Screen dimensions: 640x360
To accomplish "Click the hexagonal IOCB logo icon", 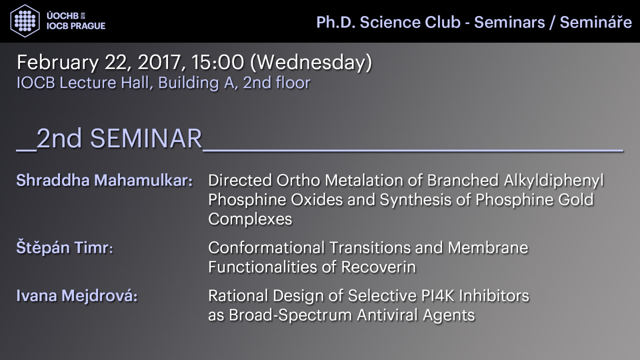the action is [25, 21].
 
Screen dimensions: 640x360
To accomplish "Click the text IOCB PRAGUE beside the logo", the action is [76, 26].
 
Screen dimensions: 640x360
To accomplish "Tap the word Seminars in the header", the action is [510, 22].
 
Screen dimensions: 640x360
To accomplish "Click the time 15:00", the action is [218, 62].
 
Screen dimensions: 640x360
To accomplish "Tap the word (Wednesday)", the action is [311, 63].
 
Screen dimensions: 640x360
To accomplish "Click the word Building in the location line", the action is [188, 83].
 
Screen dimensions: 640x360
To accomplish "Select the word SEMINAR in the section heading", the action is [146, 138].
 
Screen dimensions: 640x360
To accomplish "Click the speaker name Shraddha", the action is [53, 180].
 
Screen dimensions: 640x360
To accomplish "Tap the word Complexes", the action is [250, 220].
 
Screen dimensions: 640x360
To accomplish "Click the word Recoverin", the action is [378, 267].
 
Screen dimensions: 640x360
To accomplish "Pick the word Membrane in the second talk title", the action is [488, 248].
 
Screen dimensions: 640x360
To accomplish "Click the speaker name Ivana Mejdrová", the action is [77, 295].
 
